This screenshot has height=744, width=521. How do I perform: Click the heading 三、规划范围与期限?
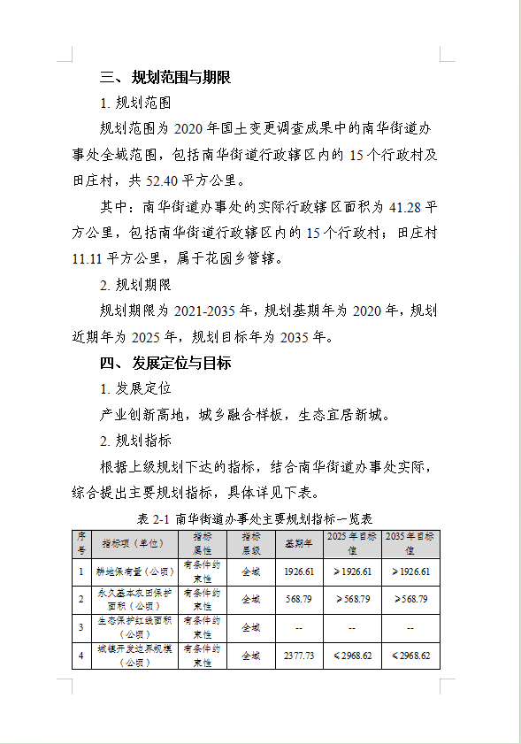tap(165, 78)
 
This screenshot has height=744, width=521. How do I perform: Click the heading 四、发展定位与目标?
tap(165, 364)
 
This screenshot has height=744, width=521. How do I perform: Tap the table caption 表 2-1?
tap(155, 518)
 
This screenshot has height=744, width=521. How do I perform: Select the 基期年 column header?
tap(298, 543)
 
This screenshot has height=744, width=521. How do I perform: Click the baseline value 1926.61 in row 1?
tap(299, 571)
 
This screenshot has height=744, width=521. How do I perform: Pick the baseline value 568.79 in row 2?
tap(299, 600)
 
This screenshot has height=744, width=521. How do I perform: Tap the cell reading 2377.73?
tap(299, 656)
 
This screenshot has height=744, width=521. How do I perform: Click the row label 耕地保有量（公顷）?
tap(135, 571)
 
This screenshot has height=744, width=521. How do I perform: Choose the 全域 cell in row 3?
tap(251, 628)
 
